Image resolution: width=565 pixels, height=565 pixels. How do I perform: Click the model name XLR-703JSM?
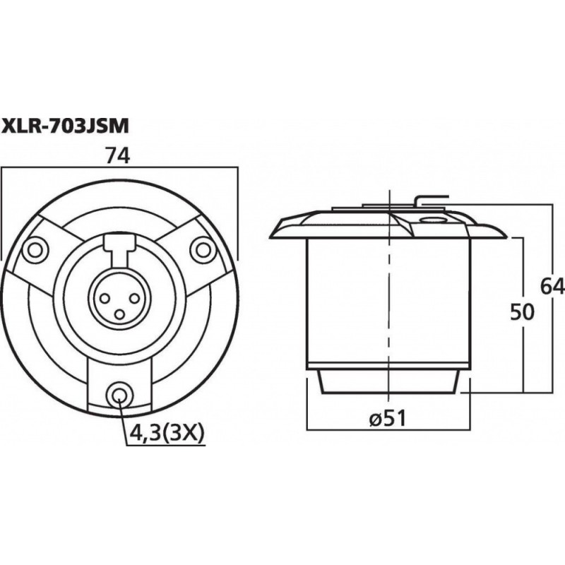pos(65,126)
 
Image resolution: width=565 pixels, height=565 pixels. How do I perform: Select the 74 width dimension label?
pos(118,157)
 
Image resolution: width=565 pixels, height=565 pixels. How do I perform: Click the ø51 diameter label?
pos(386,417)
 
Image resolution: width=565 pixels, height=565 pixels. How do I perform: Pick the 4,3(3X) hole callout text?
pos(166,432)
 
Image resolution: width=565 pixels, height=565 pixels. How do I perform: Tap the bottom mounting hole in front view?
pos(118,394)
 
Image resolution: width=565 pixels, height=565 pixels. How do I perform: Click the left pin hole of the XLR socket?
pos(104,291)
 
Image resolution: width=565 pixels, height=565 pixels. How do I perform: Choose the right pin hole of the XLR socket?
pos(132,291)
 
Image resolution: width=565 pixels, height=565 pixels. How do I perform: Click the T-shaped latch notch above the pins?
pos(118,246)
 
